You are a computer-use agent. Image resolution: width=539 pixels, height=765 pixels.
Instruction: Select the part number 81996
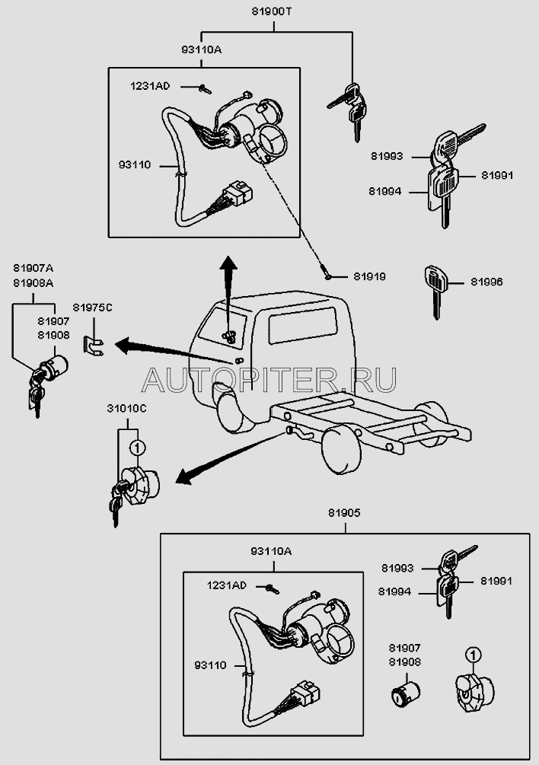coord(486,282)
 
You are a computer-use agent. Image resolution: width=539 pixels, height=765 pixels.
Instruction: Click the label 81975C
coord(92,307)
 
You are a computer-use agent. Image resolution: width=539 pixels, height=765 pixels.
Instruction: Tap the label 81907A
coord(33,268)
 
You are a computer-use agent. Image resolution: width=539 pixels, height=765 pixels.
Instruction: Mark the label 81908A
coord(33,282)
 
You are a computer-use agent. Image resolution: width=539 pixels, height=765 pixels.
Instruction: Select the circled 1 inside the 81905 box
coord(472,654)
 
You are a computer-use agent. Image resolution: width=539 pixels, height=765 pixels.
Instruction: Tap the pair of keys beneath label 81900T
coord(346,107)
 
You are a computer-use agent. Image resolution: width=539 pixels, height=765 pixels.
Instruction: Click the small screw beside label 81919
coord(327,276)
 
